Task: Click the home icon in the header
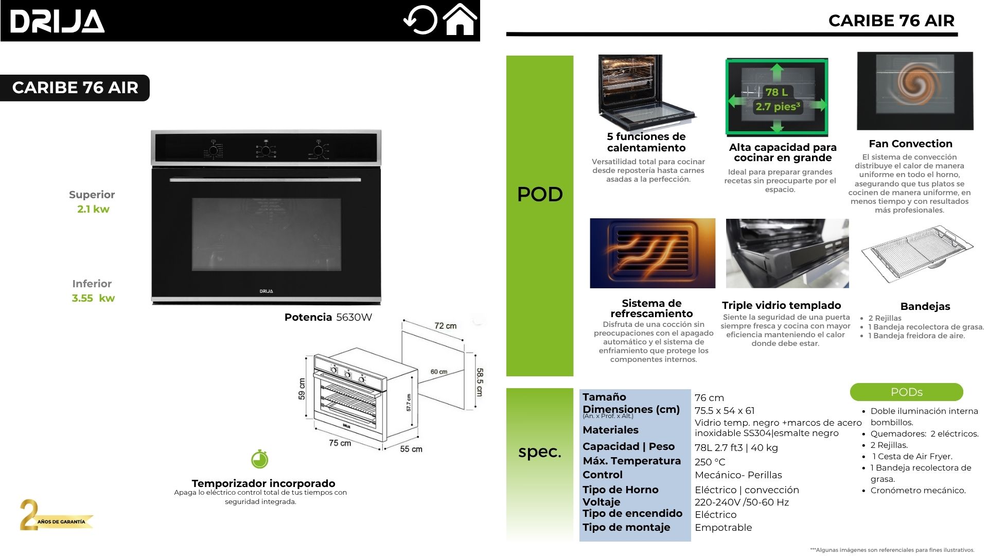460,20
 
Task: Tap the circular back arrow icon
420,21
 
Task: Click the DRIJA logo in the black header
57,22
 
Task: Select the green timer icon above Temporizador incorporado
260,459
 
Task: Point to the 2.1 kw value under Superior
93,209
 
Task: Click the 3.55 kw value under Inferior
93,298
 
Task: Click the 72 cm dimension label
445,326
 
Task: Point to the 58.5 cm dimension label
479,381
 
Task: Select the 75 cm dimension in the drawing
340,443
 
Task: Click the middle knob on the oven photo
266,150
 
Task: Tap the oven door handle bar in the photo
265,180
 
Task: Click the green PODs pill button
906,392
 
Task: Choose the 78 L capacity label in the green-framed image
776,92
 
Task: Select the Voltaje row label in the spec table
601,502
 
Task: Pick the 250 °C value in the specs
710,462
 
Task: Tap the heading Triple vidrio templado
781,305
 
